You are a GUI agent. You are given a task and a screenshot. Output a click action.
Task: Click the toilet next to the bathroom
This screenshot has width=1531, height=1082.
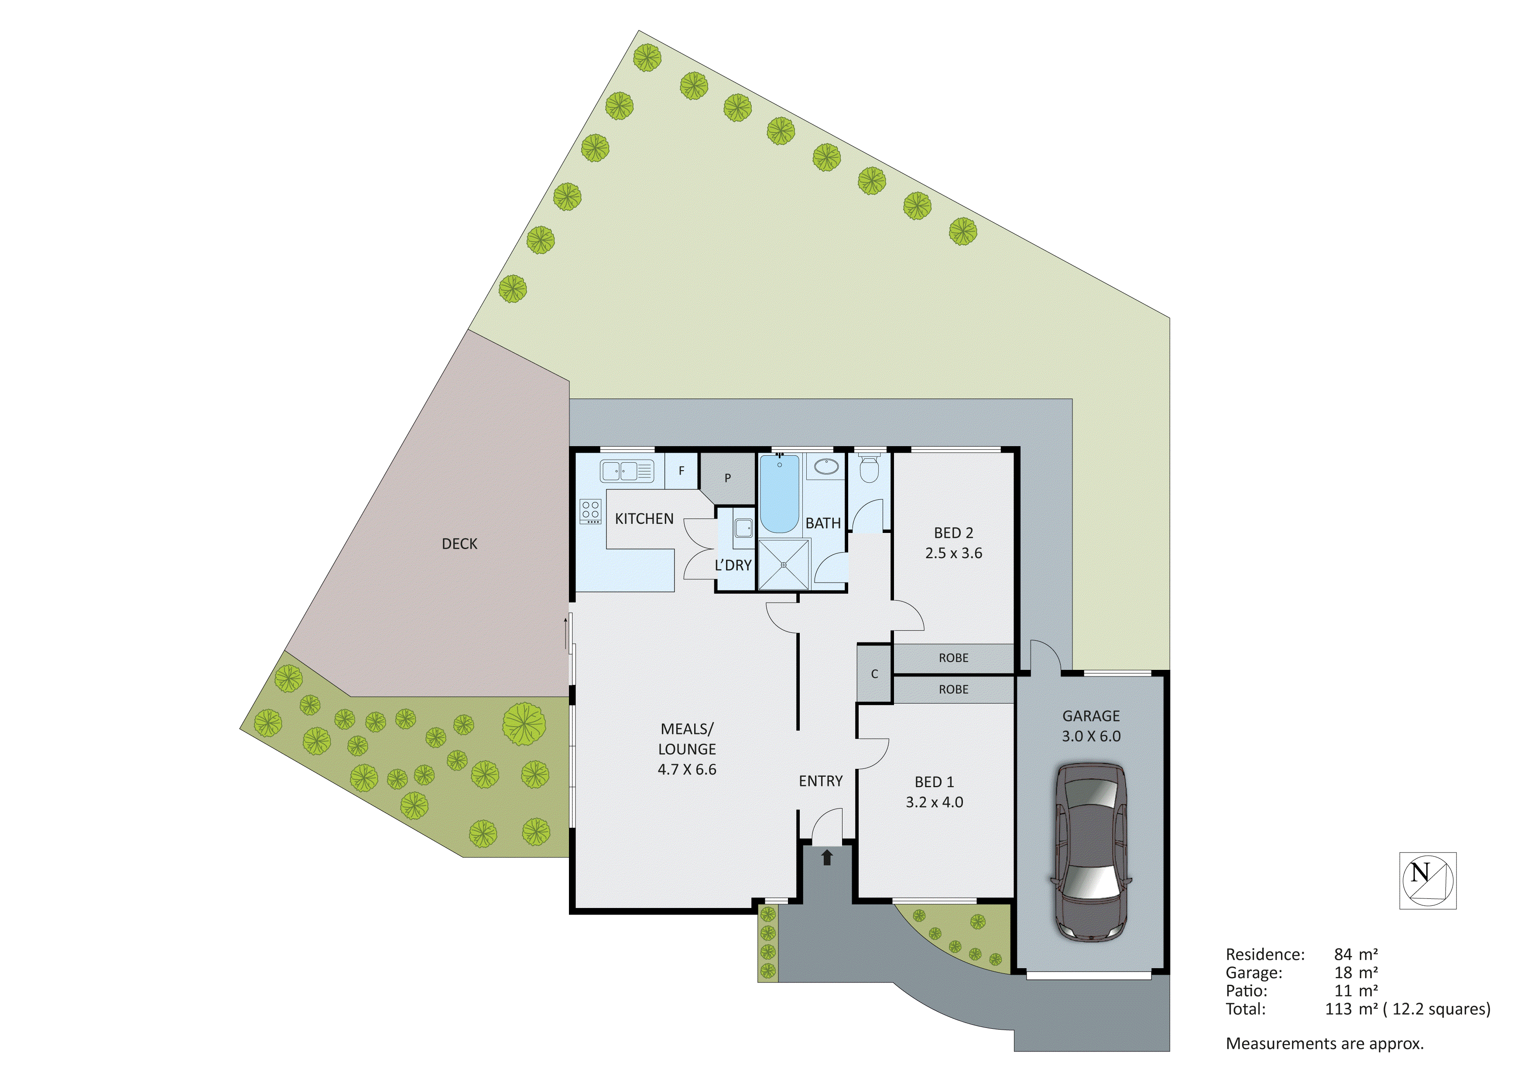[x=868, y=469]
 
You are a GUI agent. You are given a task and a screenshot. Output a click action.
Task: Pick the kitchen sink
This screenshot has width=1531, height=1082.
[x=627, y=471]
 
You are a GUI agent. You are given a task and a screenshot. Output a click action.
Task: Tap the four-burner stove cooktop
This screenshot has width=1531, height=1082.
[x=591, y=511]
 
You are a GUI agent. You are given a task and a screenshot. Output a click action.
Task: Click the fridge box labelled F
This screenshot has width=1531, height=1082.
[x=682, y=471]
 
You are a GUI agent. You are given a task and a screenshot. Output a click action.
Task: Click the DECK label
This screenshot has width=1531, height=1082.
[x=459, y=544]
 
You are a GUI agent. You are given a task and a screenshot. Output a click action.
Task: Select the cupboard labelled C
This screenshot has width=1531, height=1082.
[x=874, y=674]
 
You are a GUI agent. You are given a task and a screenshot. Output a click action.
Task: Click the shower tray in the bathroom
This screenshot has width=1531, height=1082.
[x=784, y=565]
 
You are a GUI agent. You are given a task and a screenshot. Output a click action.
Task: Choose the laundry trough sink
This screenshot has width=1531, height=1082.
[x=743, y=528]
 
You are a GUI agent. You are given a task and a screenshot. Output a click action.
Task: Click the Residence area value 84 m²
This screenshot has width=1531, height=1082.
[x=1356, y=955]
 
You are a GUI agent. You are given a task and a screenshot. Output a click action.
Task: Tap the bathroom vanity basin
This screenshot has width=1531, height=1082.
[x=826, y=466]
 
